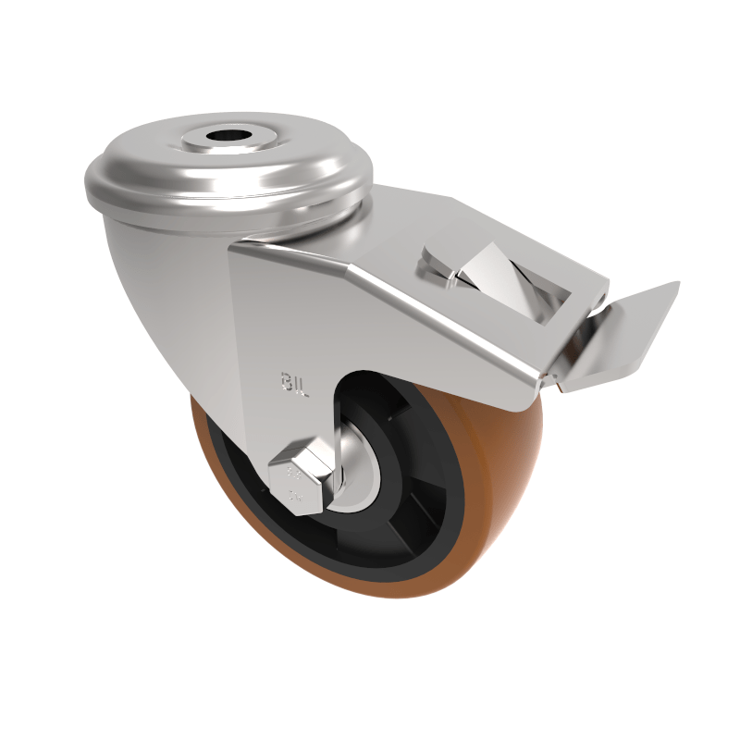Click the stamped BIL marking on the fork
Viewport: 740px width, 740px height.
tap(295, 381)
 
